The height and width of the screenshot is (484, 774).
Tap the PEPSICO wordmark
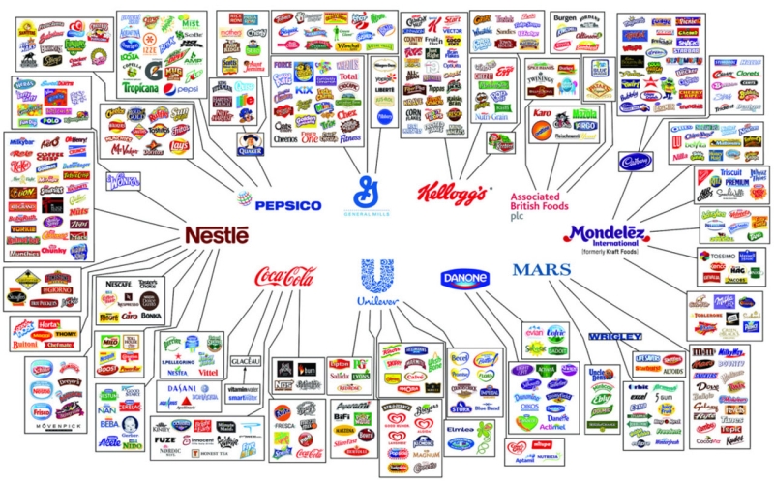288,205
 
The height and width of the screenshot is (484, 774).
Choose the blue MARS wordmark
549,270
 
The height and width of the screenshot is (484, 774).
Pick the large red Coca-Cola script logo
284,278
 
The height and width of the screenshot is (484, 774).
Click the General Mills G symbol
369,191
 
